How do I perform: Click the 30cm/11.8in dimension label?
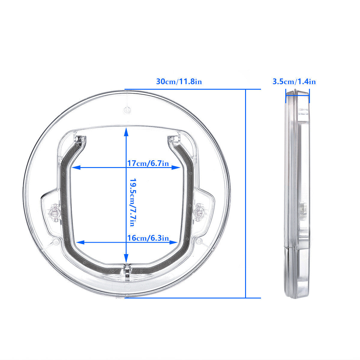click(x=179, y=81)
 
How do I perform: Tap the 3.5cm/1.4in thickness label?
click(x=294, y=81)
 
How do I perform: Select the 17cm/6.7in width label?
click(x=148, y=163)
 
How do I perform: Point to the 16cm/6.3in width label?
click(x=148, y=238)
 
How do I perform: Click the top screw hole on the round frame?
click(x=127, y=110)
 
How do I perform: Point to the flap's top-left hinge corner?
click(x=80, y=139)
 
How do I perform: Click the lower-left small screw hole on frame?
click(x=55, y=241)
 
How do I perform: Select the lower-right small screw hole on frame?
click(x=198, y=241)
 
